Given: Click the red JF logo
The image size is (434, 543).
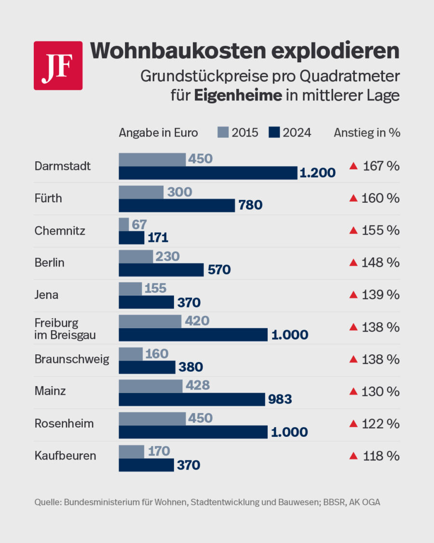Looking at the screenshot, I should (58, 66).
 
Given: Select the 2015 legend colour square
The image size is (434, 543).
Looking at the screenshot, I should (223, 132).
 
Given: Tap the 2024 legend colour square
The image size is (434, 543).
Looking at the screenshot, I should (274, 132).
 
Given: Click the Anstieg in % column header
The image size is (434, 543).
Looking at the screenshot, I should (366, 132).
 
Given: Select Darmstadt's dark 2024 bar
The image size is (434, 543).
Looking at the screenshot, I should (208, 173).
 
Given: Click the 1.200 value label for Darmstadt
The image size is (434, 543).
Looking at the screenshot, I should (317, 173).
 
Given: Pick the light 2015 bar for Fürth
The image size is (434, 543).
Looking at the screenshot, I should (141, 192).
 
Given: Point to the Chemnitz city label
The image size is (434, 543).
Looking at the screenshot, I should (60, 231).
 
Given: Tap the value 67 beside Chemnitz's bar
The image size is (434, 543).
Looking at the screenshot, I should (139, 224).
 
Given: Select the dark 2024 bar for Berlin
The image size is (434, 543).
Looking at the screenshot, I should (161, 270).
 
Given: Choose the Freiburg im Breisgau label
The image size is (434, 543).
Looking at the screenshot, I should (65, 328).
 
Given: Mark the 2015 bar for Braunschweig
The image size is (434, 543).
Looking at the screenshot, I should (131, 354).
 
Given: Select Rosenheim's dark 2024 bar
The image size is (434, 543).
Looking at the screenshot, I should (193, 432).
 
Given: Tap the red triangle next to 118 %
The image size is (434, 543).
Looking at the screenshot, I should (353, 456).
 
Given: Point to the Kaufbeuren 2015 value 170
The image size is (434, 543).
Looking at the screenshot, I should (159, 451).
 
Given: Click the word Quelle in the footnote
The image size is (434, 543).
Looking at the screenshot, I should (46, 502).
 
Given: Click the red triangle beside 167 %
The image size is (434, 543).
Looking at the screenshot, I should (353, 166).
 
